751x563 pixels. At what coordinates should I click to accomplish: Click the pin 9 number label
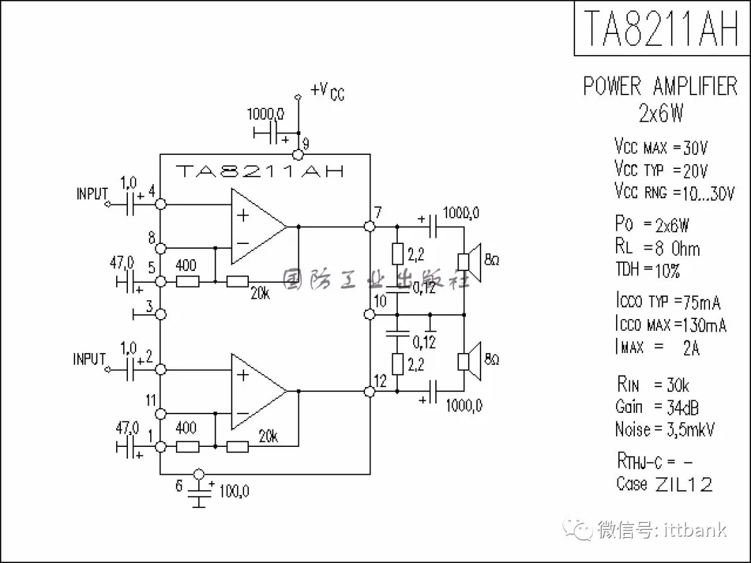pyautogui.click(x=306, y=145)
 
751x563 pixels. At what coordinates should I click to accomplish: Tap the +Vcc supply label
pyautogui.click(x=328, y=91)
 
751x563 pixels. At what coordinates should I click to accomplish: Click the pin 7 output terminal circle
pyautogui.click(x=370, y=226)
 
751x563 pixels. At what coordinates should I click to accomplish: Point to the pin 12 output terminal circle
pyautogui.click(x=370, y=392)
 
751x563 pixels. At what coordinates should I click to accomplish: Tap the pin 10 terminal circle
pyautogui.click(x=370, y=315)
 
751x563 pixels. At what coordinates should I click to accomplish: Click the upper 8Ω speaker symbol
pyautogui.click(x=471, y=261)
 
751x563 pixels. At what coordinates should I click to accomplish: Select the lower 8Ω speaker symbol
pyautogui.click(x=471, y=360)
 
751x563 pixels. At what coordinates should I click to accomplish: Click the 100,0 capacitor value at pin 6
pyautogui.click(x=234, y=491)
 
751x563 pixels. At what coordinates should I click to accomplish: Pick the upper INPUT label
pyautogui.click(x=92, y=194)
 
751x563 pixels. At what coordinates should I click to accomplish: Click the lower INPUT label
pyautogui.click(x=90, y=359)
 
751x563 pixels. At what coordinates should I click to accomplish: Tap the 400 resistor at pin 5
pyautogui.click(x=187, y=281)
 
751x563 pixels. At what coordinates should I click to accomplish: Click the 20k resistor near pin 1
pyautogui.click(x=238, y=446)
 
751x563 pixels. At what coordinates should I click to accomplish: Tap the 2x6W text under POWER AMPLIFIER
pyautogui.click(x=660, y=113)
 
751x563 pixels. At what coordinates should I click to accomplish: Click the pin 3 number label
pyautogui.click(x=150, y=306)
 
